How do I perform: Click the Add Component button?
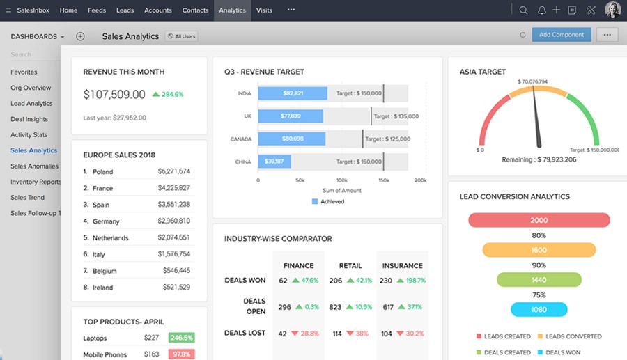point(561,35)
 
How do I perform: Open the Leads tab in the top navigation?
point(125,10)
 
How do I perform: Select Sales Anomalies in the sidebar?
point(35,166)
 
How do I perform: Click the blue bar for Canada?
point(293,139)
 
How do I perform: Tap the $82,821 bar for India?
point(293,93)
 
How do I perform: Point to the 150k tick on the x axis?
point(382,180)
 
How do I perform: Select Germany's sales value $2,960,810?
point(173,221)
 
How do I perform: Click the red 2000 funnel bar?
point(539,220)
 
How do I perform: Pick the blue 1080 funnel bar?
point(539,310)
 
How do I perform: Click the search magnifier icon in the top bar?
point(523,10)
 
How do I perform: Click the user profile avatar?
point(612,10)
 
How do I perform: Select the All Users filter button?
point(180,36)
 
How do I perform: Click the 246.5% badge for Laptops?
point(180,338)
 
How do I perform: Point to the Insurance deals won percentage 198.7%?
point(411,281)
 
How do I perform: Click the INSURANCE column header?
point(402,265)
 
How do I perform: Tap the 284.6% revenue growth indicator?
point(168,94)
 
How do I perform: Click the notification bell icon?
point(541,10)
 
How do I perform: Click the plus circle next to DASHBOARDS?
point(80,36)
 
